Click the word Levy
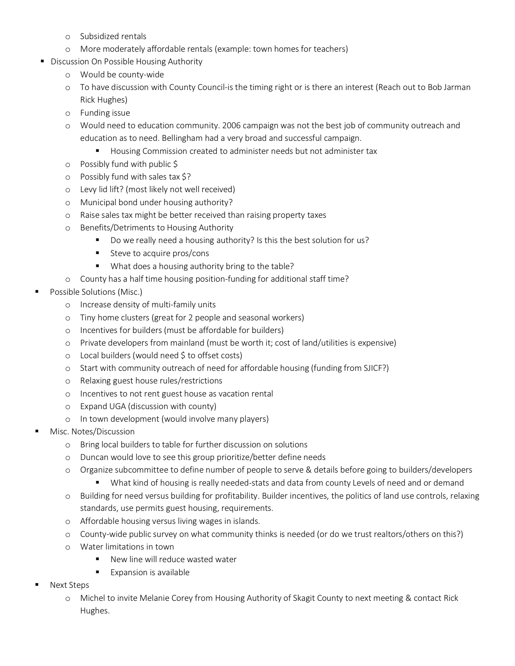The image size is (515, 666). click(88, 190)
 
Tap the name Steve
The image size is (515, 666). click(120, 254)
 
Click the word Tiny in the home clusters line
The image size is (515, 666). click(88, 318)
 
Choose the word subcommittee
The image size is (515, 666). click(144, 470)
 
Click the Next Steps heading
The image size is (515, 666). click(69, 585)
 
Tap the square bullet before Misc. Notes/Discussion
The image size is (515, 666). click(37, 431)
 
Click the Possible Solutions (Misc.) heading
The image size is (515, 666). click(96, 292)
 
